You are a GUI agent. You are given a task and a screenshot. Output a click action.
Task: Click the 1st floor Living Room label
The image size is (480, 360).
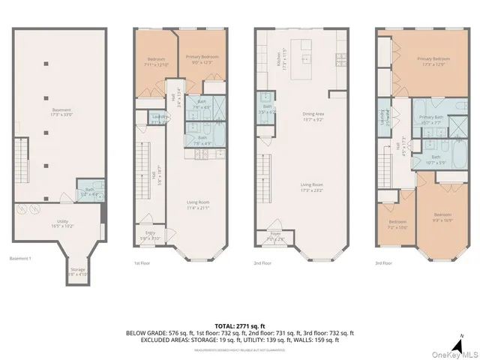point(197,202)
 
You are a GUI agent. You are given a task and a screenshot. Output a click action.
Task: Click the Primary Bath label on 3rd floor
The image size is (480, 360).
point(430,118)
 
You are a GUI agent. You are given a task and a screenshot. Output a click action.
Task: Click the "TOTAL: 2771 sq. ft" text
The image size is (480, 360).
point(239,325)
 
